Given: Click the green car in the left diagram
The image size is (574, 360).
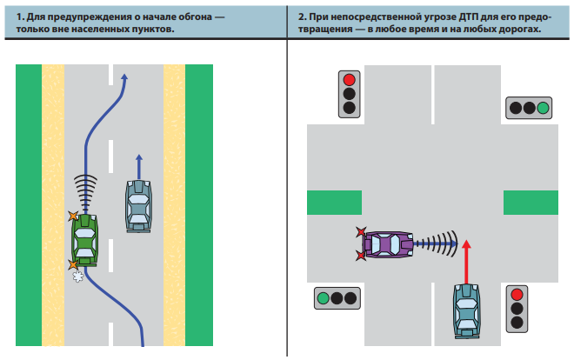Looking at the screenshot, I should point(85,238).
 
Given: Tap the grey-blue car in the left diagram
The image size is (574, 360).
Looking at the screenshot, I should point(137,205).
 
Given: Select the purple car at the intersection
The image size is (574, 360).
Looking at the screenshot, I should point(389,244).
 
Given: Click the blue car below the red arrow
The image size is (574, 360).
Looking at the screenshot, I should point(466,309).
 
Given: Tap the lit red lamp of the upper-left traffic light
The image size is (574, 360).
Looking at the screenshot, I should point(350,80).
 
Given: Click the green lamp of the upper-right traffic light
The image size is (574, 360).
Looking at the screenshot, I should point(543,108).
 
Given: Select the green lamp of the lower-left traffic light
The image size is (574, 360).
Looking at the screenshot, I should point(324,298).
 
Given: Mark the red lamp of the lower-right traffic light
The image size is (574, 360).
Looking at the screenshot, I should point(517,294).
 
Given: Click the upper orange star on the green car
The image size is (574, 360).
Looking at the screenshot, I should point(73,215).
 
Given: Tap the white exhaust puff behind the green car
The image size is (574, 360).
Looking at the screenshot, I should point(77,277).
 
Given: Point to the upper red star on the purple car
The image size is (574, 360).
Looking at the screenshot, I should point(361,232).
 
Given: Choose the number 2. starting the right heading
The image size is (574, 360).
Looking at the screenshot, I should point(302,17).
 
